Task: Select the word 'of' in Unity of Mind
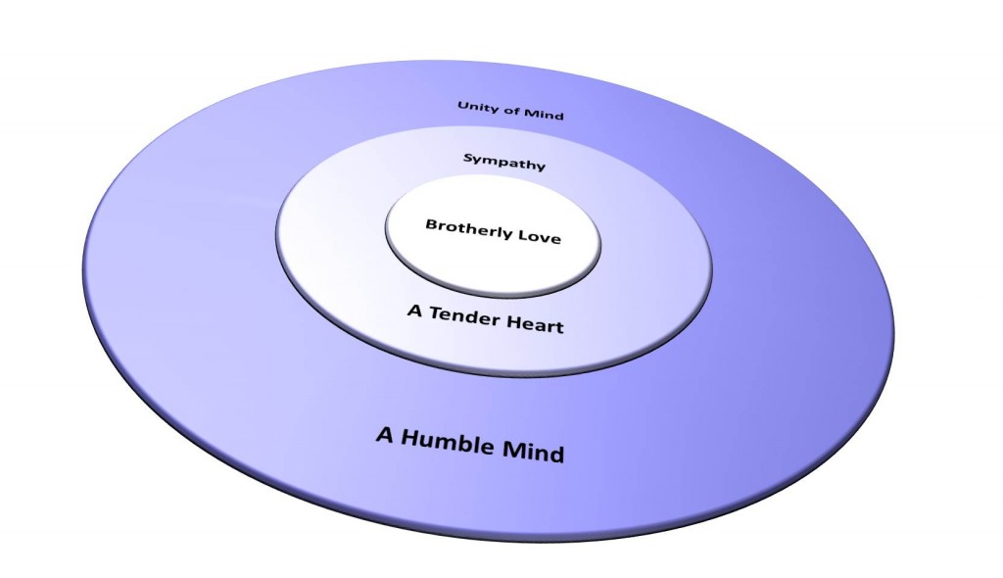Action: [511, 110]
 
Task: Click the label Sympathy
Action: [503, 162]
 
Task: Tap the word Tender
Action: [465, 315]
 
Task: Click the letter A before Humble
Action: [384, 434]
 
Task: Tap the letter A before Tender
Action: [413, 311]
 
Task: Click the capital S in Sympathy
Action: [468, 157]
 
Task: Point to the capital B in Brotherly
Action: [431, 223]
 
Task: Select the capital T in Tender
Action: [434, 313]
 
